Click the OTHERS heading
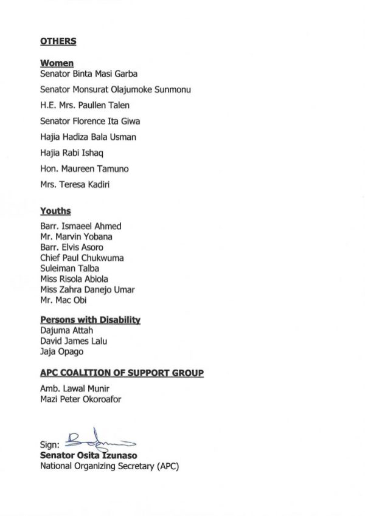(58, 41)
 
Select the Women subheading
(57, 63)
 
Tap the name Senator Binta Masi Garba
(89, 74)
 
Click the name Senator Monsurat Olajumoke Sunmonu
(116, 89)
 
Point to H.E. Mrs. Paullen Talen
(85, 105)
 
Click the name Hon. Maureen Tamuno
(84, 168)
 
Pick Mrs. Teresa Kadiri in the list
(75, 184)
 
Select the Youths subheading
(55, 211)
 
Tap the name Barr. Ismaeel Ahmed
(80, 226)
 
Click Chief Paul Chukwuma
(82, 258)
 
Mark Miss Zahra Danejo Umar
(87, 289)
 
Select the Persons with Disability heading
(90, 320)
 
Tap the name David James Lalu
(74, 341)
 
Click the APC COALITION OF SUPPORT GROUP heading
(122, 373)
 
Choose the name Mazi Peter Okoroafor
(82, 399)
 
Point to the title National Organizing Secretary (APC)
(109, 466)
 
